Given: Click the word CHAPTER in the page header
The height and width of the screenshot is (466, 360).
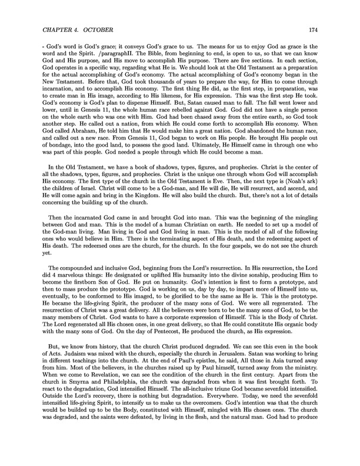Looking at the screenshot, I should (56, 29).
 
